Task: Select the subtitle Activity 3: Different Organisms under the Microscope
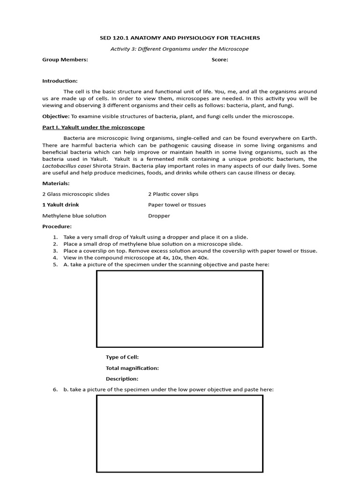pos(180,49)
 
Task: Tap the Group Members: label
pos(65,60)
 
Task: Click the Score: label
pos(220,60)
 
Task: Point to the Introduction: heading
pos(60,81)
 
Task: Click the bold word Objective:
pos(56,116)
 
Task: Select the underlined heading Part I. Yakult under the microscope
pos(94,127)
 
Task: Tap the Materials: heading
pos(56,183)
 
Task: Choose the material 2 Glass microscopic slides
pos(76,194)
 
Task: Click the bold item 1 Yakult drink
pos(60,205)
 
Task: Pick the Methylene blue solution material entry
pos(74,216)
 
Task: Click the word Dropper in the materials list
pos(159,216)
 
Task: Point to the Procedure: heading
pos(57,226)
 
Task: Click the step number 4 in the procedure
pos(55,258)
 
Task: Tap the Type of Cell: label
pos(122,357)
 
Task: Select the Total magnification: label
pos(132,368)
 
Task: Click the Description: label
pos(122,379)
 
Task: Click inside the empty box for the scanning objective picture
pos(180,308)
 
